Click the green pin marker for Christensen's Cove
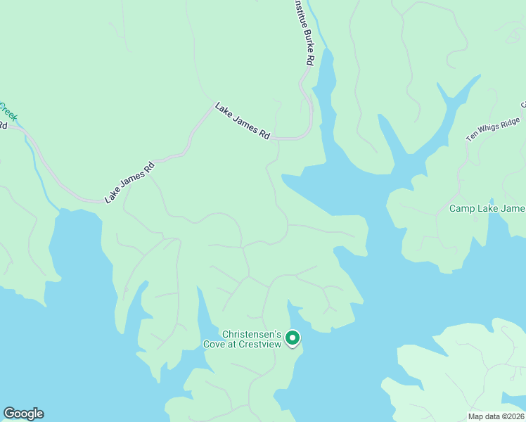[x=292, y=338]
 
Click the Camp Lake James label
[x=487, y=209]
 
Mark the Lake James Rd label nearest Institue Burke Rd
[x=243, y=122]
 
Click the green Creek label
[x=7, y=110]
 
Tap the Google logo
[x=23, y=414]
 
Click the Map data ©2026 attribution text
[x=496, y=416]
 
